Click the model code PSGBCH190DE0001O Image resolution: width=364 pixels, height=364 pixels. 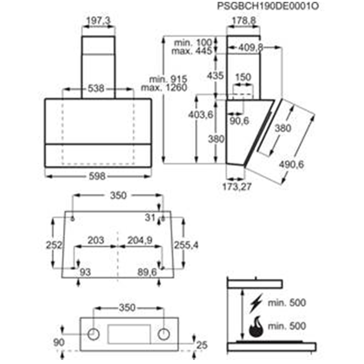268,6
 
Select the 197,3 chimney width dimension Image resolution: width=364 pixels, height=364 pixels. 98,21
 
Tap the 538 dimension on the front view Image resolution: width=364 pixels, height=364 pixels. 96,88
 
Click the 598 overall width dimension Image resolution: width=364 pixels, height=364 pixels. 97,176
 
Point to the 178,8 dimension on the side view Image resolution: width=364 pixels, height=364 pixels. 244,20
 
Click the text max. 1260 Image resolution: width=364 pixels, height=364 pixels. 164,88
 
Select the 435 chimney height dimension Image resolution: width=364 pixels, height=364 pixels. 215,76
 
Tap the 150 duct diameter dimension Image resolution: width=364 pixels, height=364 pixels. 243,77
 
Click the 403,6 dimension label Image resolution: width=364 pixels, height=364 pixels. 201,115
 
